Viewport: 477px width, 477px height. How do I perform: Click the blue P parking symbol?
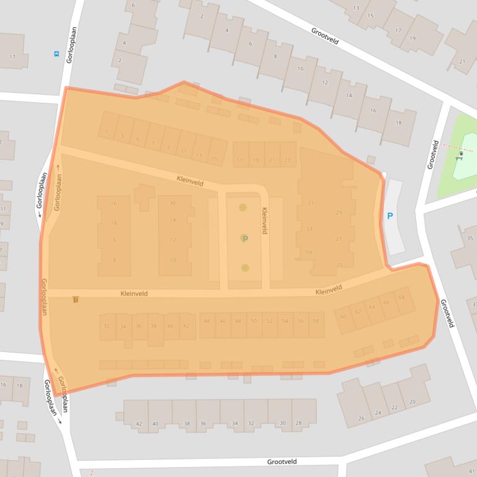[390, 216]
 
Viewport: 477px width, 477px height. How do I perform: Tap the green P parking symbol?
[244, 239]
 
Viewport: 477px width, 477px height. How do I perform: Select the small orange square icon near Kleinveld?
[76, 300]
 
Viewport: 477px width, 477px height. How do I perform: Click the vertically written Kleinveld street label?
[264, 220]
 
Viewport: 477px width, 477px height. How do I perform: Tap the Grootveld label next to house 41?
[282, 462]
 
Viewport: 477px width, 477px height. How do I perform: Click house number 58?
[315, 321]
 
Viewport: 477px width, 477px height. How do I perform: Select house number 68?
[401, 298]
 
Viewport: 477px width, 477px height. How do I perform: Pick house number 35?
[470, 239]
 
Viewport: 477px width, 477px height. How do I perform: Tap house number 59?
[309, 252]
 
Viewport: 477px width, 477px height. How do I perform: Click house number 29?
[339, 213]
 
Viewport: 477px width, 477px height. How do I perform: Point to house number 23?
[287, 160]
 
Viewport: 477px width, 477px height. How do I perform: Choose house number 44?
[207, 321]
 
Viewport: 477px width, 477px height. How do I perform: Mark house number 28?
[298, 423]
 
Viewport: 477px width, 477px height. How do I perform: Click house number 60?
[343, 317]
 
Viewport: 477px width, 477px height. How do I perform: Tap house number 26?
[361, 418]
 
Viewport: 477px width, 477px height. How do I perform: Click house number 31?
[310, 203]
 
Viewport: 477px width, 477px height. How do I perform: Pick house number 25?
[339, 265]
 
